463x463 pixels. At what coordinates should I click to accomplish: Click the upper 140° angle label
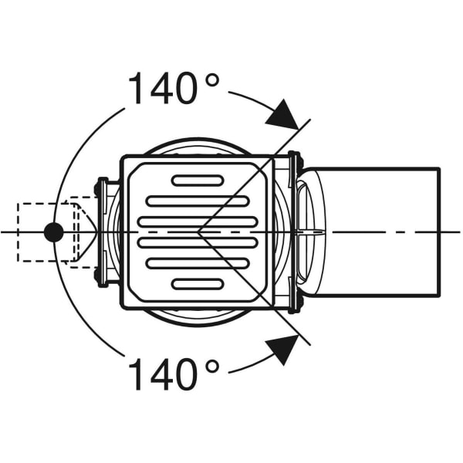[174, 88]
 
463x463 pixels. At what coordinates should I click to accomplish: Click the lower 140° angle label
[174, 375]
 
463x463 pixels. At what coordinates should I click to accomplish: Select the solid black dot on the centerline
[53, 231]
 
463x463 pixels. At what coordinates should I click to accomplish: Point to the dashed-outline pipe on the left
[46, 231]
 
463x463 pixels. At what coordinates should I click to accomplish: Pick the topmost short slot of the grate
[198, 181]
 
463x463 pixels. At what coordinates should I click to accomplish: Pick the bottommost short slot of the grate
[198, 283]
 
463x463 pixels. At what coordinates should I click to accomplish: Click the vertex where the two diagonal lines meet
[198, 231]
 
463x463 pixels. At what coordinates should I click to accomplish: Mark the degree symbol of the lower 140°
[211, 366]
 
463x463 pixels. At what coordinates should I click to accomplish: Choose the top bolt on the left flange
[100, 184]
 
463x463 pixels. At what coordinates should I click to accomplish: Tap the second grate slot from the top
[198, 201]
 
